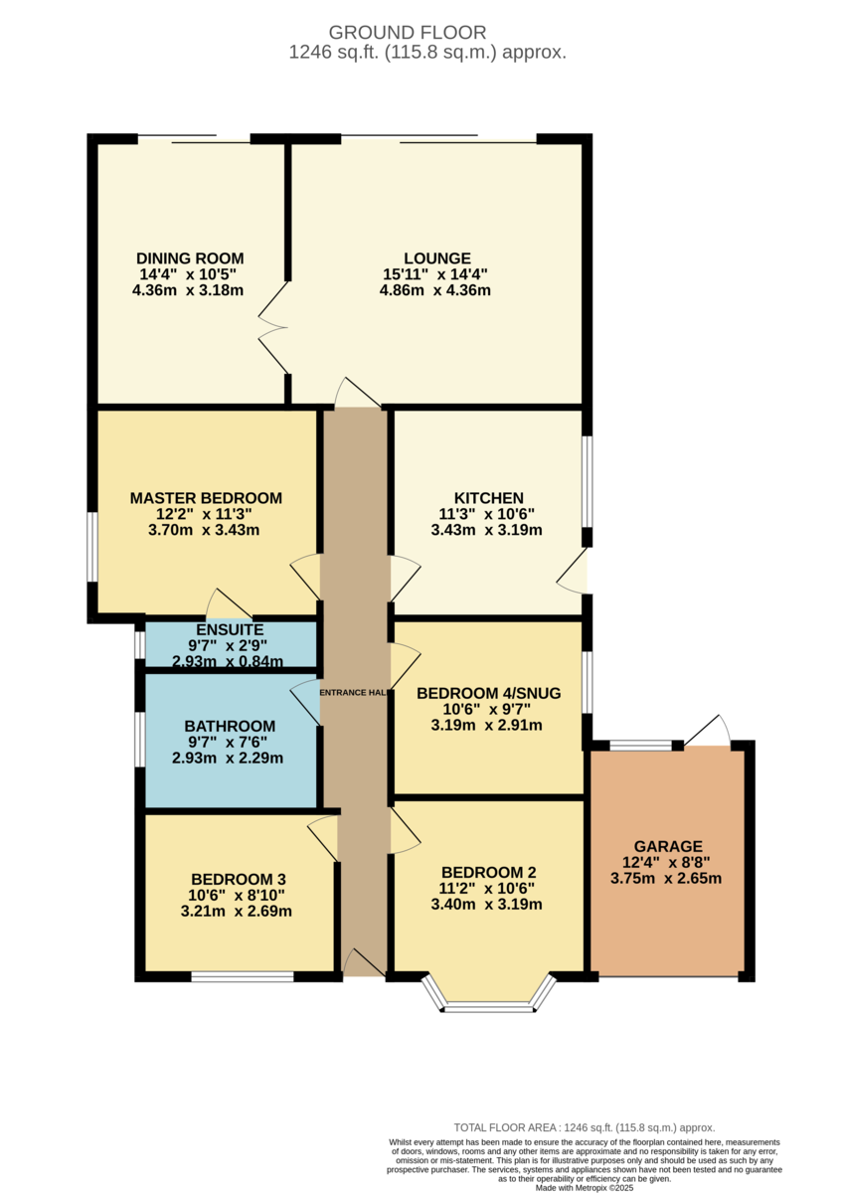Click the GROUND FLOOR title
[407, 33]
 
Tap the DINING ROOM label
[190, 258]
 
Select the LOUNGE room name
[436, 258]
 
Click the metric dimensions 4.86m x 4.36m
[434, 290]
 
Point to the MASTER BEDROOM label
[206, 498]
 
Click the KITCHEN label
[488, 498]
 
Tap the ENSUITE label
[230, 629]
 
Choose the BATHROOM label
[230, 726]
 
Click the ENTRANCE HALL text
[353, 692]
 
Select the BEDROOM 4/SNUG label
[488, 693]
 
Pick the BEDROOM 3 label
[238, 879]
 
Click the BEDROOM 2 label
[488, 873]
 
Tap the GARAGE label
[668, 846]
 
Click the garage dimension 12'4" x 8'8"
[666, 862]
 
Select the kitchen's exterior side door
[572, 571]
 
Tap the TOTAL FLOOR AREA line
[584, 1127]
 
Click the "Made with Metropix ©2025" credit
[585, 1188]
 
